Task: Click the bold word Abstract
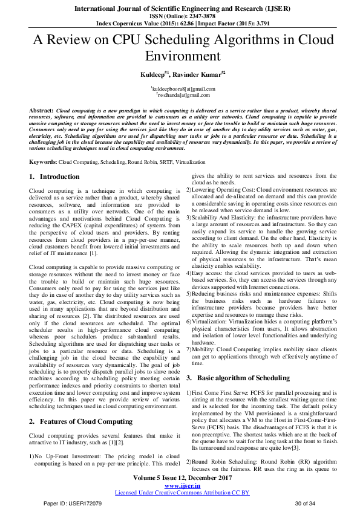point(41,112)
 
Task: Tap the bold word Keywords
point(42,163)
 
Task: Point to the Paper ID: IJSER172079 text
point(68,504)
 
